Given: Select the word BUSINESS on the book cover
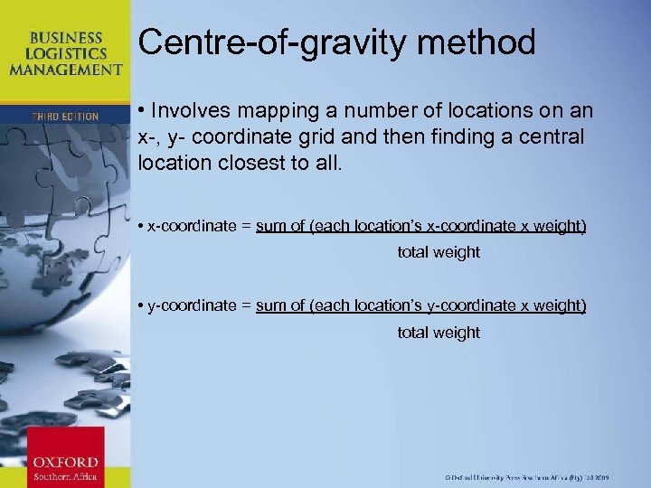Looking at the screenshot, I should pyautogui.click(x=66, y=38).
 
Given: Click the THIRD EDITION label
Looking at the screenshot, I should pyautogui.click(x=65, y=117).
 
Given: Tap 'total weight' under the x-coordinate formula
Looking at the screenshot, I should pyautogui.click(x=439, y=252).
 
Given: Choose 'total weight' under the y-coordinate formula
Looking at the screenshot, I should pyautogui.click(x=439, y=333).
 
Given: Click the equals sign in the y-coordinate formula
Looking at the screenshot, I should pyautogui.click(x=246, y=305).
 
